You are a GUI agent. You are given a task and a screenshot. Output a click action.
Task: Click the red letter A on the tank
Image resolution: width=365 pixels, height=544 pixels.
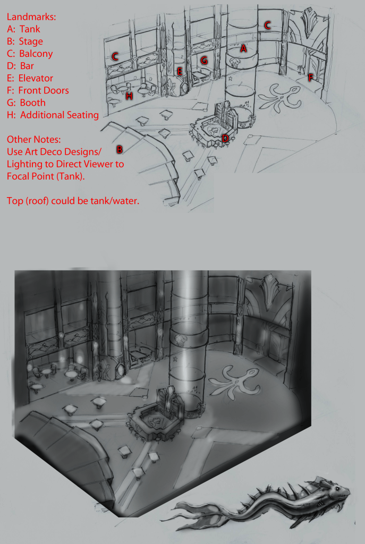pos(243,48)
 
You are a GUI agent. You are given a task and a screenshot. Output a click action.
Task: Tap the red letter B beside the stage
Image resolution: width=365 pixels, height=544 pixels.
pos(120,149)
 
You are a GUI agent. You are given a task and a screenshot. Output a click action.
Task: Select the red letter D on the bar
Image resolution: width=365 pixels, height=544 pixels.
pos(225,139)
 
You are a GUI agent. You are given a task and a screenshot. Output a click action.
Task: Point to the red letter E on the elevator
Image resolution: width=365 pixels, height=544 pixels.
pos(180,72)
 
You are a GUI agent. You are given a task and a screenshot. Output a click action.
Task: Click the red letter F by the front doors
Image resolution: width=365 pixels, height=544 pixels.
pos(310,78)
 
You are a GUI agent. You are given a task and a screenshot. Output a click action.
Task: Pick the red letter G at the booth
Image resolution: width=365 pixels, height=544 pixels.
pos(205,61)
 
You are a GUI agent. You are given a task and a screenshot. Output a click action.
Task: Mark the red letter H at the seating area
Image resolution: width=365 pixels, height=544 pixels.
pos(129,96)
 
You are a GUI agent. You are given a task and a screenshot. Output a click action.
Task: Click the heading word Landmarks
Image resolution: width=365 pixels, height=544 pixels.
pos(31,16)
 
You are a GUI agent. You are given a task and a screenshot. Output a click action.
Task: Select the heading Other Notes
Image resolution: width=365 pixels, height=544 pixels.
pos(33,140)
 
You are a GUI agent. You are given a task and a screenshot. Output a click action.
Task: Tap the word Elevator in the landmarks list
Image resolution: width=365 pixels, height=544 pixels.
pos(36,78)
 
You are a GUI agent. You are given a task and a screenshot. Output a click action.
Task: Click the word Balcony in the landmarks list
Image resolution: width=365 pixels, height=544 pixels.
pos(36,54)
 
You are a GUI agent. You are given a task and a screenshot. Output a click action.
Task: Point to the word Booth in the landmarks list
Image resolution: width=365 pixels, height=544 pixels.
pos(32,103)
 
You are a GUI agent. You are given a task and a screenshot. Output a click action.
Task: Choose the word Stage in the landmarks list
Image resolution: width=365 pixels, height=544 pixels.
pos(31,41)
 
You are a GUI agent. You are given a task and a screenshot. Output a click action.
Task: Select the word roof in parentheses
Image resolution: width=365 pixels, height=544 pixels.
pos(37,201)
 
